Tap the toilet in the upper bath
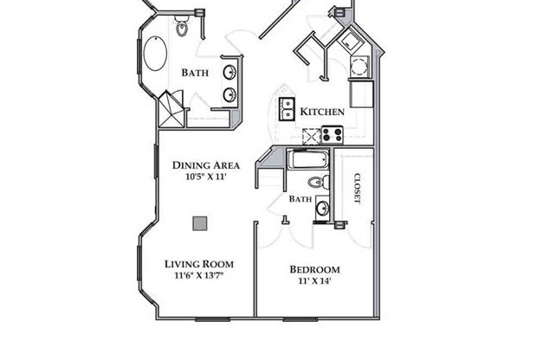pyautogui.click(x=183, y=29)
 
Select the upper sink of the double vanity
pyautogui.click(x=230, y=72)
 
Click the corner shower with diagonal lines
pyautogui.click(x=171, y=110)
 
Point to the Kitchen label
pyautogui.click(x=322, y=112)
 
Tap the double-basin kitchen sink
pyautogui.click(x=286, y=109)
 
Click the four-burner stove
pyautogui.click(x=332, y=134)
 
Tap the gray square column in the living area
pyautogui.click(x=200, y=223)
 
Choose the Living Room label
pyautogui.click(x=199, y=264)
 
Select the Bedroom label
pyautogui.click(x=314, y=269)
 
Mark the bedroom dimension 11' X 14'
pyautogui.click(x=314, y=280)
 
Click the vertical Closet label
pyautogui.click(x=356, y=189)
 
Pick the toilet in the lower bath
pyautogui.click(x=317, y=182)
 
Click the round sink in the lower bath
pyautogui.click(x=322, y=208)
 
